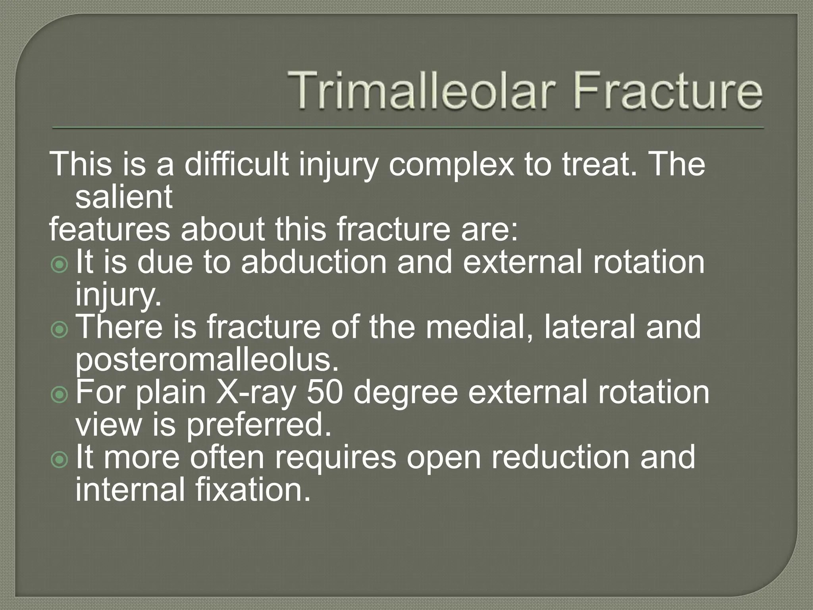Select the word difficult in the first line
236,164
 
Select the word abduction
314,262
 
